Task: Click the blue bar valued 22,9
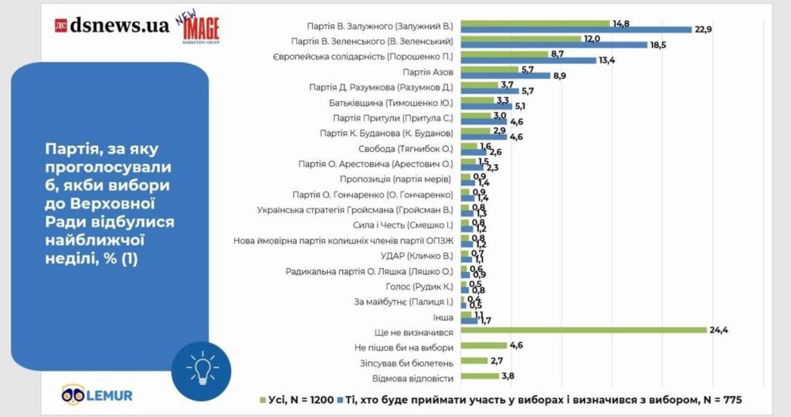pos(575,29)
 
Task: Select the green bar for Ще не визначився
pos(583,331)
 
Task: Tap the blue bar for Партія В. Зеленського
pos(553,45)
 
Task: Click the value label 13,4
pos(608,61)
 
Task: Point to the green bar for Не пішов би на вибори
pos(483,346)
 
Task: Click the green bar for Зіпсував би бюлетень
pos(474,361)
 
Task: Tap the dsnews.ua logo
pos(112,25)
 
